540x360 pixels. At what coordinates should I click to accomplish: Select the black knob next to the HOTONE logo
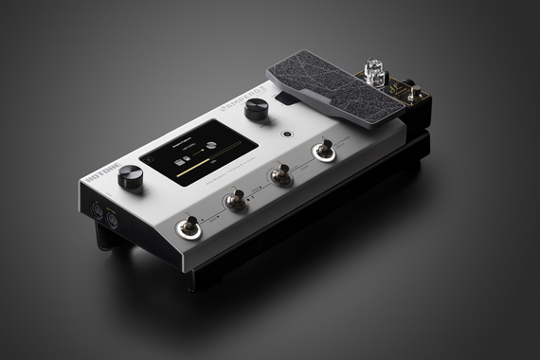point(130,175)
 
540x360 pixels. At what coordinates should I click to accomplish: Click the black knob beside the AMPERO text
point(255,110)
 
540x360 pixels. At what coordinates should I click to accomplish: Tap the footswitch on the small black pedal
point(414,93)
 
